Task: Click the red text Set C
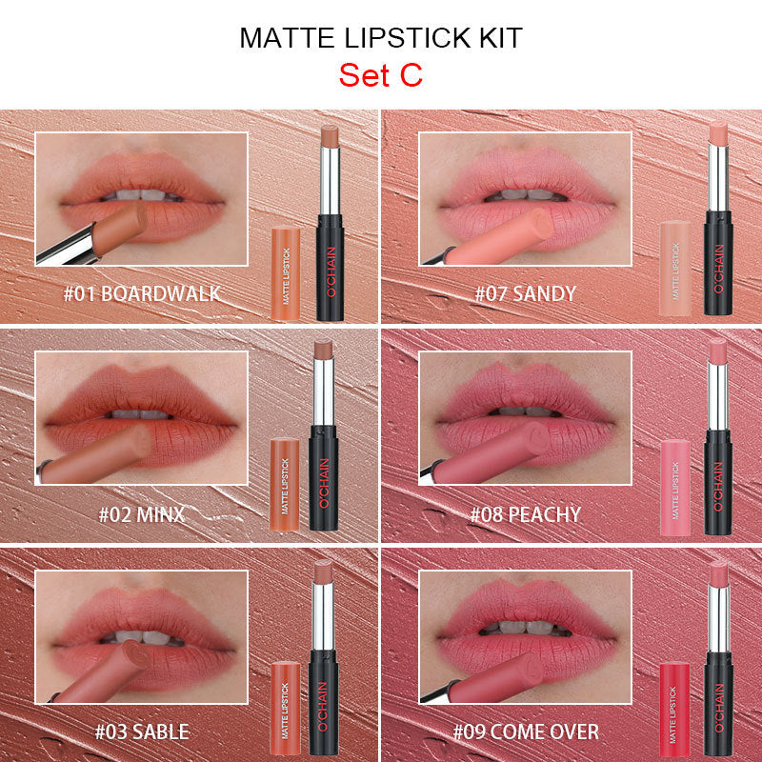coord(380,75)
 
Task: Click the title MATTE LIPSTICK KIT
coord(380,38)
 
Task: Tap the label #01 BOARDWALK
coord(142,293)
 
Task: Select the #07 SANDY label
coord(526,293)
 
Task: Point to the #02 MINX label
coord(142,515)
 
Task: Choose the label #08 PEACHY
coord(525,515)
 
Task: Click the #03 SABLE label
coord(141,732)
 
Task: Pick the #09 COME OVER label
coord(526,732)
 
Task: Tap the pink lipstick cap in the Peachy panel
coord(673,486)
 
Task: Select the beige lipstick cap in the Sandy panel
coord(674,268)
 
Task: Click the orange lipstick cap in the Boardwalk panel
coord(286,272)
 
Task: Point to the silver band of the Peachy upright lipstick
coord(717,400)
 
